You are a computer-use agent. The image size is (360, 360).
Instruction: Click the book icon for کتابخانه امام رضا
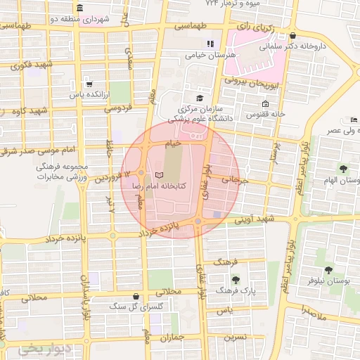[158, 173]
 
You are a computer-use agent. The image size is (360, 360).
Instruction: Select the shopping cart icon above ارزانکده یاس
[87, 82]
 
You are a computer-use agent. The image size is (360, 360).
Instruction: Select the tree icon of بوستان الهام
[343, 169]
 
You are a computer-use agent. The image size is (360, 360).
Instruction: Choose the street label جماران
[171, 337]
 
